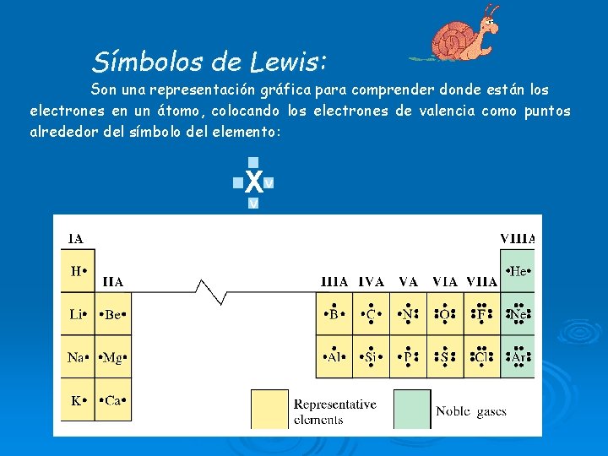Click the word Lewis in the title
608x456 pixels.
coord(288,62)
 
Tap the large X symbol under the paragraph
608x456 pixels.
coord(252,181)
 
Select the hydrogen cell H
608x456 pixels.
coord(78,271)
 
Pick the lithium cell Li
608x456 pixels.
coord(78,315)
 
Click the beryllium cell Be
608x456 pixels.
coord(113,315)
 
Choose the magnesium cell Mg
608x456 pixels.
coord(113,357)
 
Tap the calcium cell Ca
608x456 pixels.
coord(113,400)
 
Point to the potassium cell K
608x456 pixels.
coord(78,400)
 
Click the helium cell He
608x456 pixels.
coord(518,271)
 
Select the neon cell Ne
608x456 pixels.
coord(518,315)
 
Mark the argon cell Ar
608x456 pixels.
coord(518,357)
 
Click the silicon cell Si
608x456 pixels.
coord(371,357)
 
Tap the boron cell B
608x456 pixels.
coord(334,315)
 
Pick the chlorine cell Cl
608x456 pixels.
coord(481,357)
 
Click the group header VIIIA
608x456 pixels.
coord(518,239)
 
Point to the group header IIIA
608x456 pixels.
coord(335,282)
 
